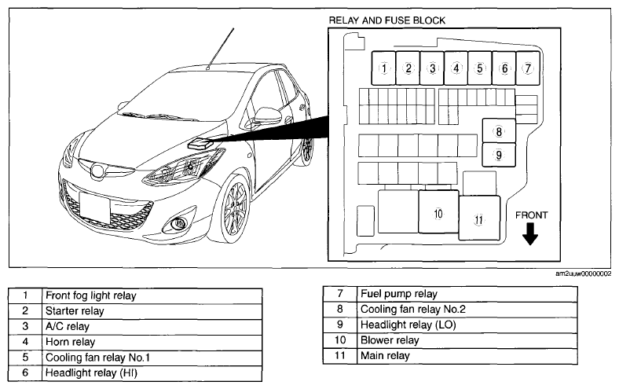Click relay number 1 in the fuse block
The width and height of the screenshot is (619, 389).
tap(383, 68)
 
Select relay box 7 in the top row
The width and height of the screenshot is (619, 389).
tap(528, 68)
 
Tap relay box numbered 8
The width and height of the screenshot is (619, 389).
tap(499, 130)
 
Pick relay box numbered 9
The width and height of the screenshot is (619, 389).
tap(499, 155)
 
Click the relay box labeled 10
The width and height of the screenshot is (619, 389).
tap(438, 211)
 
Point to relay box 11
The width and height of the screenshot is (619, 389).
tap(479, 218)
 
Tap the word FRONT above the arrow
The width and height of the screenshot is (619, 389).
tap(531, 215)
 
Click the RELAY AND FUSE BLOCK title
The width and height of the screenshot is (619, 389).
tap(386, 20)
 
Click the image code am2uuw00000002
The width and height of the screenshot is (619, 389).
tap(583, 273)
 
